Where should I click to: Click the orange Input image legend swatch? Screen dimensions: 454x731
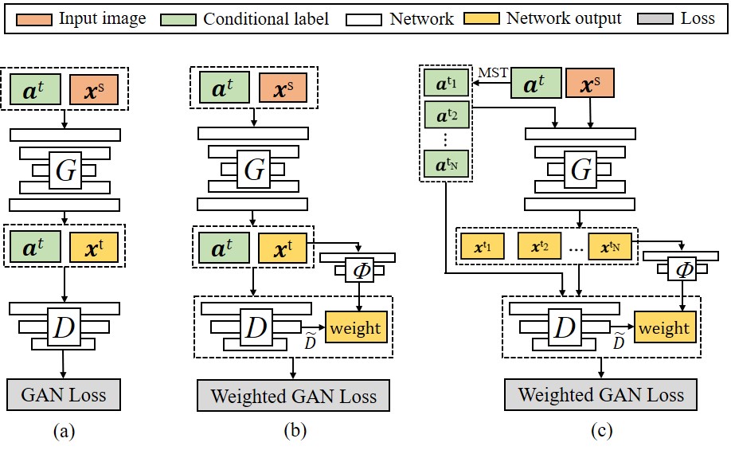click(33, 17)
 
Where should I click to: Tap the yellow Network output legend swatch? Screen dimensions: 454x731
click(480, 17)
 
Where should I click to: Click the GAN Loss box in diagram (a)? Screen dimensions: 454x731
click(63, 394)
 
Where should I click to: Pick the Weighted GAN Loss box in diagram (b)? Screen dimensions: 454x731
click(294, 396)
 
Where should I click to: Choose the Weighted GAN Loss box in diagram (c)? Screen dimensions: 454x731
click(600, 394)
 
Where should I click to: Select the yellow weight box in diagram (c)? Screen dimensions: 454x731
click(664, 327)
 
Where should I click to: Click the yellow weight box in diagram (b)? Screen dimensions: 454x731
click(355, 327)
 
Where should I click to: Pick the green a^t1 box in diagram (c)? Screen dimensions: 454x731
click(446, 83)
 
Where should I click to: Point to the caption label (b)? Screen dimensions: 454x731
click(294, 432)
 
